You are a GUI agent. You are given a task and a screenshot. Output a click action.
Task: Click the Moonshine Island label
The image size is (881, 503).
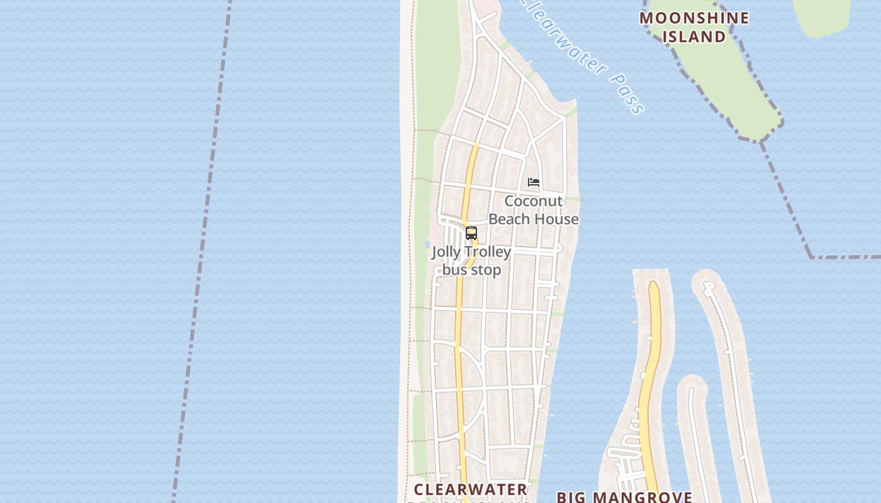coord(694,27)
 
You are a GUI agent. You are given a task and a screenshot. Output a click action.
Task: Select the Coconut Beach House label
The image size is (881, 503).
coord(534,210)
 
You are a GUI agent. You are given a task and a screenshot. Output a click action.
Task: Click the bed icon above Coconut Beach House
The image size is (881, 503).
coord(534,182)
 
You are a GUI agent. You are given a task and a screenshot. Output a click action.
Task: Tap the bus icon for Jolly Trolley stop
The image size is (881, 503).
coord(471,233)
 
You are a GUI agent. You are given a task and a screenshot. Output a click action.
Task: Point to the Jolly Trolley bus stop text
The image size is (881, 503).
coord(471,261)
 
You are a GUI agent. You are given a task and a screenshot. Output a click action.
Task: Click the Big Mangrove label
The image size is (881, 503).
coord(624,497)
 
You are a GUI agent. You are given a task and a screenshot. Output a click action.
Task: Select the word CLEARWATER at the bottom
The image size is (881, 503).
coord(471,489)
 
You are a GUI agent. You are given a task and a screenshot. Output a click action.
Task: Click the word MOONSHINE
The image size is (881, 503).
coord(694,18)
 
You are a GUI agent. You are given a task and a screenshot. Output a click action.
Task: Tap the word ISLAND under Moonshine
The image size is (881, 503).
coord(694,36)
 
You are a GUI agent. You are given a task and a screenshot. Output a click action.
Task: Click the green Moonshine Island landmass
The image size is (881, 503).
coord(730,88)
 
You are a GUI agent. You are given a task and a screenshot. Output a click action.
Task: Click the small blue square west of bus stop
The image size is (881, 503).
coord(427,245)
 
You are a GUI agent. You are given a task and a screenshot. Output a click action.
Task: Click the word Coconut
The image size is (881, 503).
coord(534,201)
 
